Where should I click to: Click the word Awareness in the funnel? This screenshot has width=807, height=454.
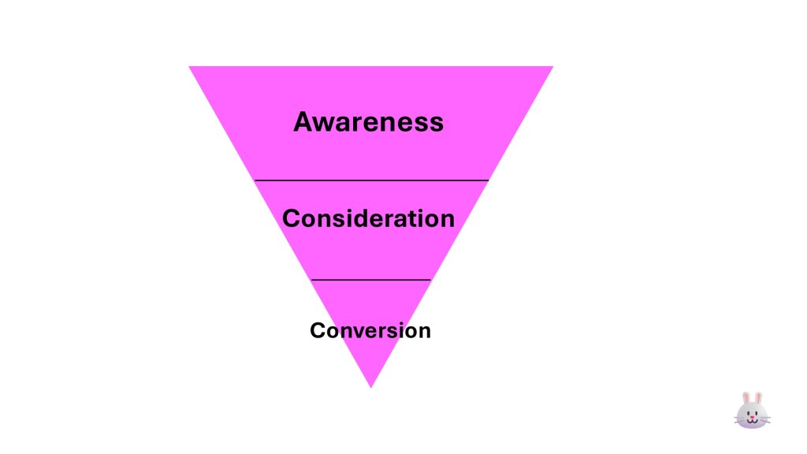click(x=368, y=122)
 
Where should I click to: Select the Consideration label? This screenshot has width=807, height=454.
click(x=368, y=218)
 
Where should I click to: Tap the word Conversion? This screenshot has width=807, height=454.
click(x=370, y=330)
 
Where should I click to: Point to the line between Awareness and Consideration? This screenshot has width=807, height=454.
click(x=371, y=180)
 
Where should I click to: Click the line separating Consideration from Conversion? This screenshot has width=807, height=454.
click(x=371, y=279)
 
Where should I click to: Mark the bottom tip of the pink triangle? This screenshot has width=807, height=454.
click(x=370, y=386)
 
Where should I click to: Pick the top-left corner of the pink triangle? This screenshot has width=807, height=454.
click(x=191, y=68)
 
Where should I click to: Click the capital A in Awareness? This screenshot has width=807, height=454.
click(x=305, y=122)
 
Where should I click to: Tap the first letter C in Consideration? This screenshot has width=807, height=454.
click(x=291, y=218)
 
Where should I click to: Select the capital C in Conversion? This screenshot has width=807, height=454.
click(x=318, y=330)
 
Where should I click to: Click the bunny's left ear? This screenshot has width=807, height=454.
click(x=746, y=399)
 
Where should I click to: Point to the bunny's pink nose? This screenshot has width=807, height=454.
click(x=752, y=417)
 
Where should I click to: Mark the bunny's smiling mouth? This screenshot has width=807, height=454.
click(x=752, y=422)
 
